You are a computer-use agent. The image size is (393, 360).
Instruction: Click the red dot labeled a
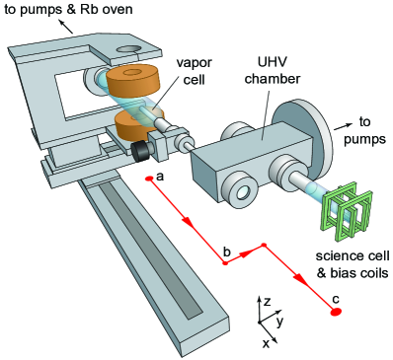pos(149,179)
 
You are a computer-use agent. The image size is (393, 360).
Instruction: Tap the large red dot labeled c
pos(336,312)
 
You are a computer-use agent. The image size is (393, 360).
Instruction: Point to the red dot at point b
pos(225,263)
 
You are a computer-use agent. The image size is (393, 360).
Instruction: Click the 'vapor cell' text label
pos(195,71)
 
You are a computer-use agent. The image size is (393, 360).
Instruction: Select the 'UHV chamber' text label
pos(273,70)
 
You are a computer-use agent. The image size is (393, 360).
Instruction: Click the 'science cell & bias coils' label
pos(353,264)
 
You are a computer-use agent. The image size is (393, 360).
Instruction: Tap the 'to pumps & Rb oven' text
pos(68,9)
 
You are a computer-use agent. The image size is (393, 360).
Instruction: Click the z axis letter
pos(267,301)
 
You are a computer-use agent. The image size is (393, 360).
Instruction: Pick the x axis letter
pos(266,343)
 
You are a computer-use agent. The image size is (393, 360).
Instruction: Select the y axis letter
pos(280,323)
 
